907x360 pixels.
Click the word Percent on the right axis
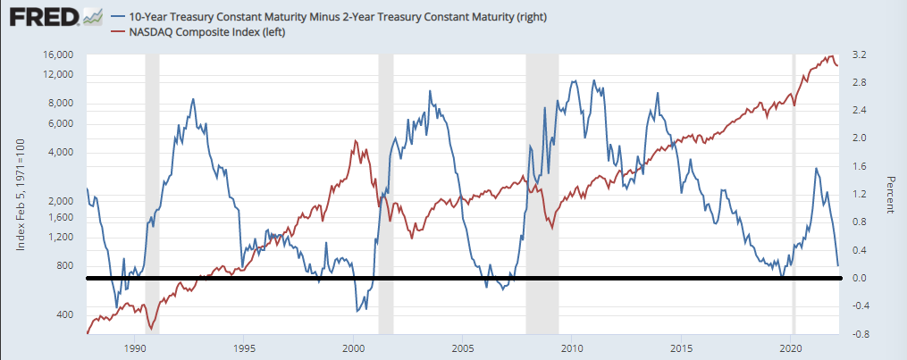[890, 194]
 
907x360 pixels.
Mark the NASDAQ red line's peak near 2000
[356, 141]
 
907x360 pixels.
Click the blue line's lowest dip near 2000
[358, 310]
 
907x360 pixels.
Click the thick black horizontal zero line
[447, 279]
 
